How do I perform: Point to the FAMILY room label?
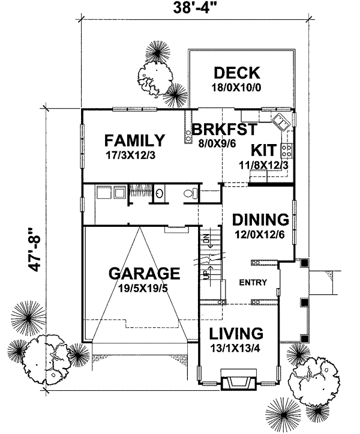coord(134,141)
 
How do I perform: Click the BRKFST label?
coord(224,129)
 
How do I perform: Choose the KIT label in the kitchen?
coord(263,149)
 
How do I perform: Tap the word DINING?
coord(261,219)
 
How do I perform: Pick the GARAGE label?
coord(144,274)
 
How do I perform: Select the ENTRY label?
coord(252,283)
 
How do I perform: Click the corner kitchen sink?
coord(280,122)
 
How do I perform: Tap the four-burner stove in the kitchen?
coord(286,148)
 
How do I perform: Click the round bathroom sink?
coord(160,193)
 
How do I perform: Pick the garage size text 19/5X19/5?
coord(144,288)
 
